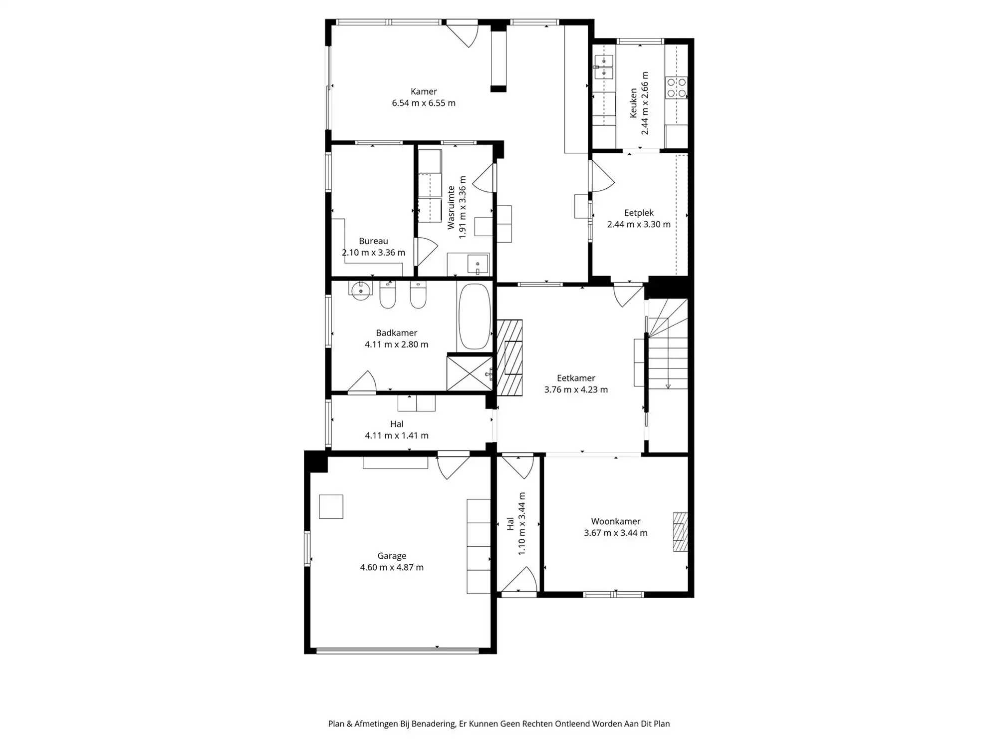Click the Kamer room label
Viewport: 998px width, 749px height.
[424, 91]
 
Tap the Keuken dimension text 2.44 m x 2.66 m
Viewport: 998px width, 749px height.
[645, 103]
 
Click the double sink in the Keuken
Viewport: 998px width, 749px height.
[603, 67]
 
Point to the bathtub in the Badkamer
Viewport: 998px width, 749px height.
[474, 317]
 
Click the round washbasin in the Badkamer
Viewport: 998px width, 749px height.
[360, 291]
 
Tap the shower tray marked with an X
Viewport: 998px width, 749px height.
[469, 373]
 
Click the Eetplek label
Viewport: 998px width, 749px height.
[639, 213]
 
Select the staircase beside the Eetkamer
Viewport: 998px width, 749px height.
[668, 345]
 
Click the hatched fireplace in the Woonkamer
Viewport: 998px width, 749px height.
[680, 532]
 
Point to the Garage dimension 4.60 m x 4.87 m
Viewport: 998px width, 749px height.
[392, 567]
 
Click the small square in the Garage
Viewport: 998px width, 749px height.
[331, 506]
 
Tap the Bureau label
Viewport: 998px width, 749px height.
[373, 241]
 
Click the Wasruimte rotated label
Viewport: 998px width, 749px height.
[451, 208]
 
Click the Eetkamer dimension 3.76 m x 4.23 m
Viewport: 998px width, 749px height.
[576, 389]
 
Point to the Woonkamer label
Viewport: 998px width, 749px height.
[616, 521]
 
